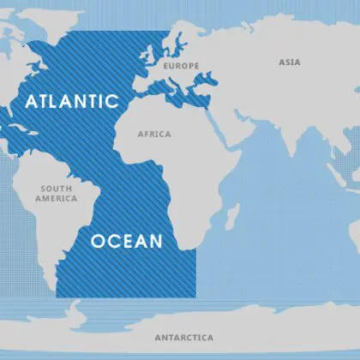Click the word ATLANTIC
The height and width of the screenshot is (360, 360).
tap(71, 101)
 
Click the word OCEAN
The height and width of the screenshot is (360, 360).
tap(127, 241)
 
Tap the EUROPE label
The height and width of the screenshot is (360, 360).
tap(181, 66)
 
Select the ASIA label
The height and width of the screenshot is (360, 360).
tap(289, 62)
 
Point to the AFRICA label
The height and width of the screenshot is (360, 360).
tap(154, 134)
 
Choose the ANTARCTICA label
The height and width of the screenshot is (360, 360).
tap(183, 337)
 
